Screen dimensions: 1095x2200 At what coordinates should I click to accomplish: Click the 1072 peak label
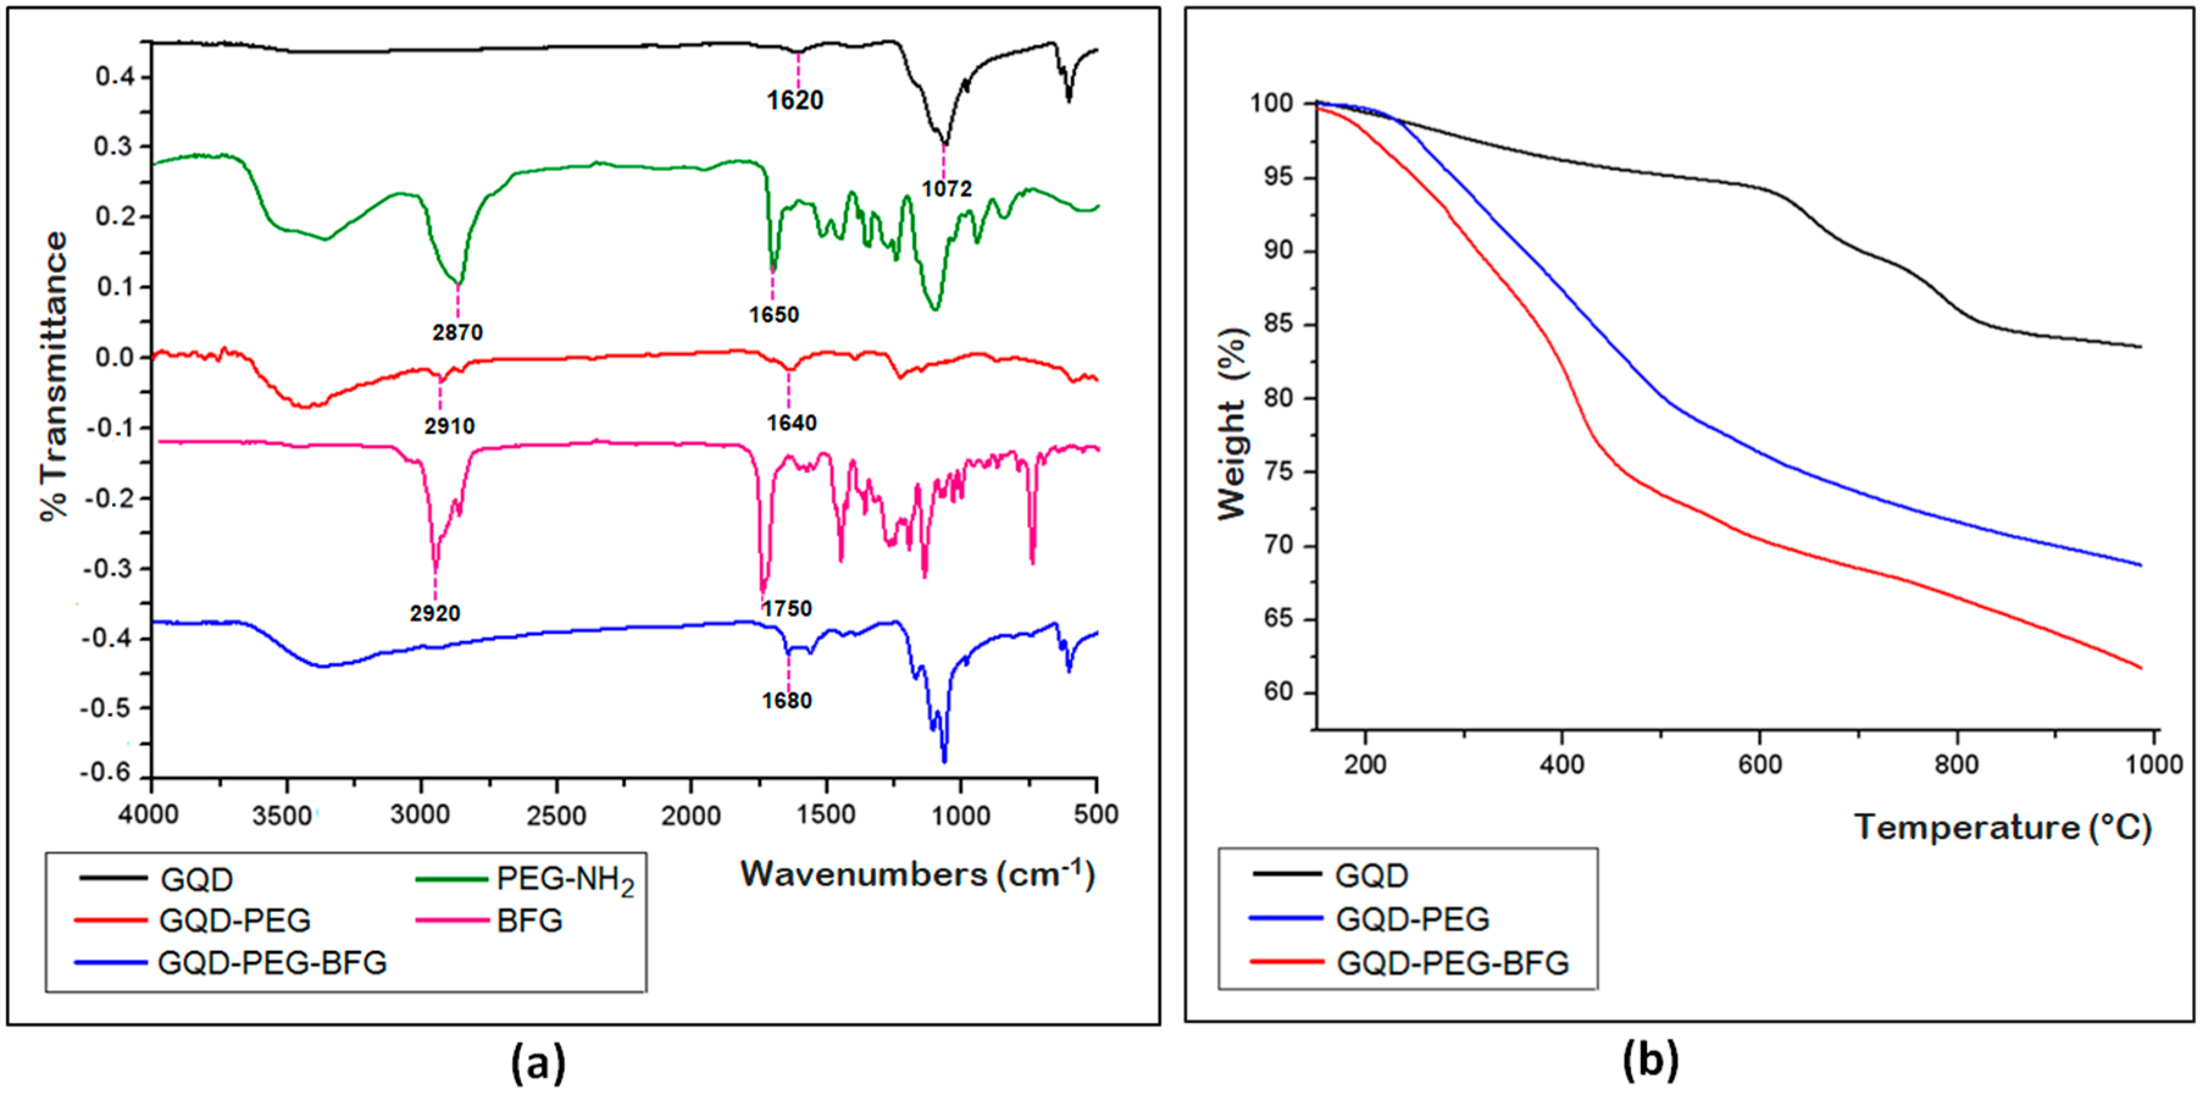click(x=946, y=188)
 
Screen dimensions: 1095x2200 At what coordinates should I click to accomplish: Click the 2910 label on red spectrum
click(x=450, y=426)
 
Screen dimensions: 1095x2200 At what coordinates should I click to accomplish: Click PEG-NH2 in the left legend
click(x=565, y=879)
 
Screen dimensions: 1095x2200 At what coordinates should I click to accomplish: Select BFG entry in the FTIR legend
click(x=529, y=921)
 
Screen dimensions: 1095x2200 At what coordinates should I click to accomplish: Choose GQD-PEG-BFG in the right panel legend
click(x=1452, y=963)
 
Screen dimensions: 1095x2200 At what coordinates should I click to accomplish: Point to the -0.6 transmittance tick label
click(x=106, y=773)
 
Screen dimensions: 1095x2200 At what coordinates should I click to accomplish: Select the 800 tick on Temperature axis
click(x=1956, y=764)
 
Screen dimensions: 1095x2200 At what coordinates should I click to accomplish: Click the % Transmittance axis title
click(x=53, y=376)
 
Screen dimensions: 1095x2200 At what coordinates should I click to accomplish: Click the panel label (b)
click(x=1650, y=1060)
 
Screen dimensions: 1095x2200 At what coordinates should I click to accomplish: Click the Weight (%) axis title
click(x=1233, y=425)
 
